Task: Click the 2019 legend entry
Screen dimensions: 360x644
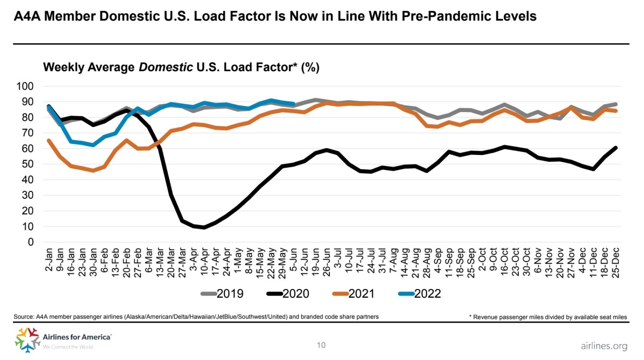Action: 222,293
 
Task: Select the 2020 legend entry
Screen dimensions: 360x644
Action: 288,293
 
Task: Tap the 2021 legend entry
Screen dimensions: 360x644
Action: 354,293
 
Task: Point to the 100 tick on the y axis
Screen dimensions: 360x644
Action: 25,86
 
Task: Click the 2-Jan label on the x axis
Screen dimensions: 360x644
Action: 49,260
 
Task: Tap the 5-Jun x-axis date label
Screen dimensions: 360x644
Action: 293,260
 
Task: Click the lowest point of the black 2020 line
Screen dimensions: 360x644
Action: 204,227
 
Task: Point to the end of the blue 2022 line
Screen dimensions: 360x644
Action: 293,104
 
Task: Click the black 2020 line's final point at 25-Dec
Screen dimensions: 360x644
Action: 616,148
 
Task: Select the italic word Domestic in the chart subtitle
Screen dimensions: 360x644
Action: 166,67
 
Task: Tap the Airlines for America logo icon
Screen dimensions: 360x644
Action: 27,340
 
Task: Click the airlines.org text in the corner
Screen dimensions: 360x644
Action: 604,346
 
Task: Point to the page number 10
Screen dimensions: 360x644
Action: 321,345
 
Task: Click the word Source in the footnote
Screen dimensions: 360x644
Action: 24,317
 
